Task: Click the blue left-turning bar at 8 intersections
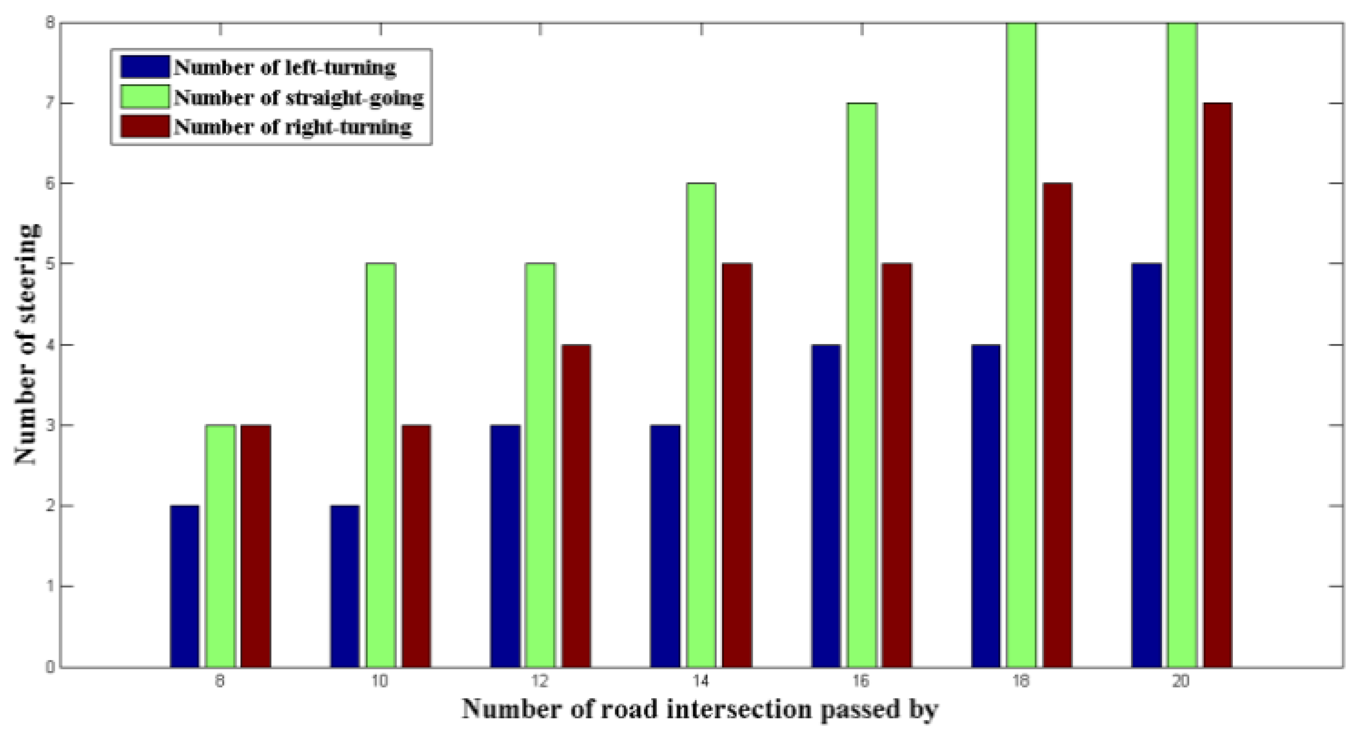pos(185,586)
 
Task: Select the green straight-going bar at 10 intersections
pos(381,465)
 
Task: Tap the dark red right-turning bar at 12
pos(576,506)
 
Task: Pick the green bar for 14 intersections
pos(701,425)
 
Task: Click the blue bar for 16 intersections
pos(826,506)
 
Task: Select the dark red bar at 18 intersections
pos(1057,425)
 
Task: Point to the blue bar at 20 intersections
pos(1146,465)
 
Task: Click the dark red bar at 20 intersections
pos(1217,385)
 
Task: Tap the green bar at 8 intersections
pos(220,546)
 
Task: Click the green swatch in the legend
pos(145,97)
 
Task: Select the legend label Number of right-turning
pos(293,127)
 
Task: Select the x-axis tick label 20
pos(1181,682)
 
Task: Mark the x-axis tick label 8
pos(220,682)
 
